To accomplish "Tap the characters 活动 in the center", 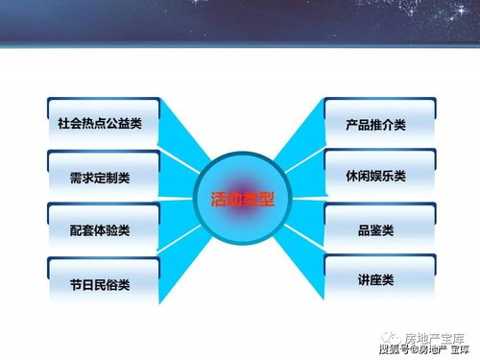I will pos(225,201).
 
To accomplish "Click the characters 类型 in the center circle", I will pos(258,201).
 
